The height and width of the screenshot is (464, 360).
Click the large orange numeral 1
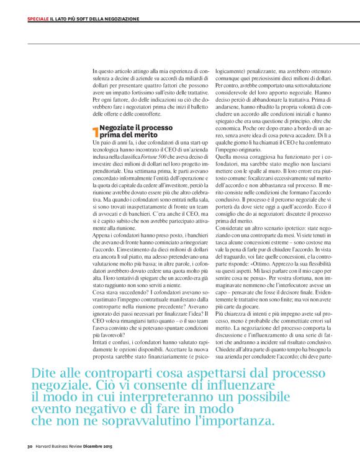95,132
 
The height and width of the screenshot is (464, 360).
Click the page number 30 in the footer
29,447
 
